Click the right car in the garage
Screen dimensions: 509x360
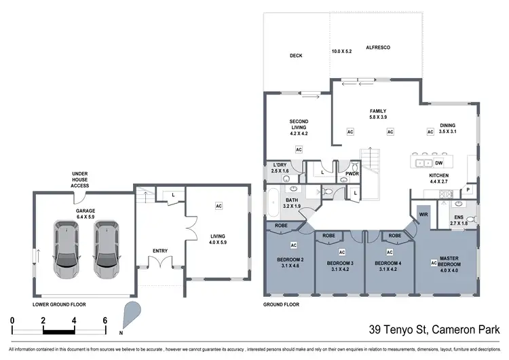click(107, 248)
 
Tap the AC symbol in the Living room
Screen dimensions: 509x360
click(219, 205)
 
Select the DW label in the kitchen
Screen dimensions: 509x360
click(439, 163)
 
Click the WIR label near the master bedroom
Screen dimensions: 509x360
click(423, 215)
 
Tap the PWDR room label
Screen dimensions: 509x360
click(352, 174)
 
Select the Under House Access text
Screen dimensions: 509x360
click(80, 180)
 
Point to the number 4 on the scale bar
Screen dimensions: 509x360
click(74, 319)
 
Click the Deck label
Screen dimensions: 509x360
click(295, 56)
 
